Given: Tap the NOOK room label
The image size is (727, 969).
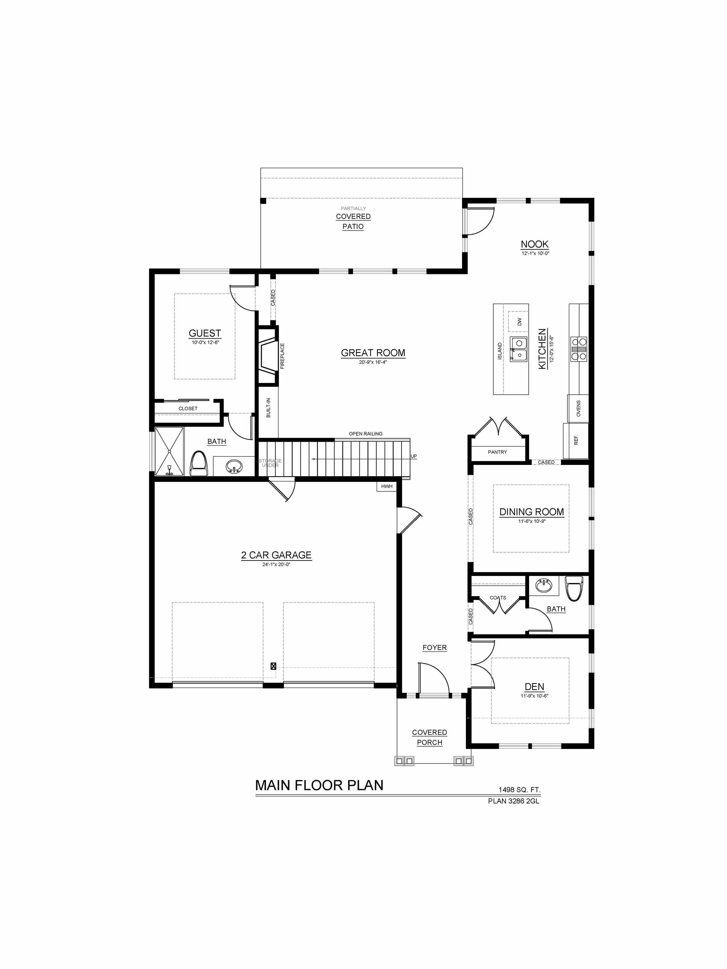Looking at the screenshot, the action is (535, 245).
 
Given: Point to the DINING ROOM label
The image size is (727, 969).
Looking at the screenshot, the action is (532, 512).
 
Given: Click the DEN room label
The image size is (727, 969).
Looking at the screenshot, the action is (535, 687).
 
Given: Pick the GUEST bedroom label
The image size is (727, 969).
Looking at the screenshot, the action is (205, 333).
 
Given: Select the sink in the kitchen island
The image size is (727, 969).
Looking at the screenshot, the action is (519, 349).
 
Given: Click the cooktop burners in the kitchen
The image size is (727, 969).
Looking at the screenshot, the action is (578, 349).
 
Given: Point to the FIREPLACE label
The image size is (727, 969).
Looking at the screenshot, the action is (282, 356).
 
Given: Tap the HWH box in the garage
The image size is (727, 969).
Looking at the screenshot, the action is (386, 486).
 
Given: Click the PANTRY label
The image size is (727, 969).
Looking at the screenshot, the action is (497, 452).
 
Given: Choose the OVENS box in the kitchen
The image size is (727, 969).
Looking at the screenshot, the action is (578, 408).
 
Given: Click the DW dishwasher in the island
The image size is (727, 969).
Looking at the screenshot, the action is (519, 322).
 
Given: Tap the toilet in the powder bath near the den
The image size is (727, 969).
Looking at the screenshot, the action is (574, 588).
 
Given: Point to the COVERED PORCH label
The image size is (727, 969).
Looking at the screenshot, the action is (429, 737).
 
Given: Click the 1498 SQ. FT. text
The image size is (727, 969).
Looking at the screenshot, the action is (519, 790).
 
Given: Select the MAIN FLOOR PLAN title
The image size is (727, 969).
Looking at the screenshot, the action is (319, 785).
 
